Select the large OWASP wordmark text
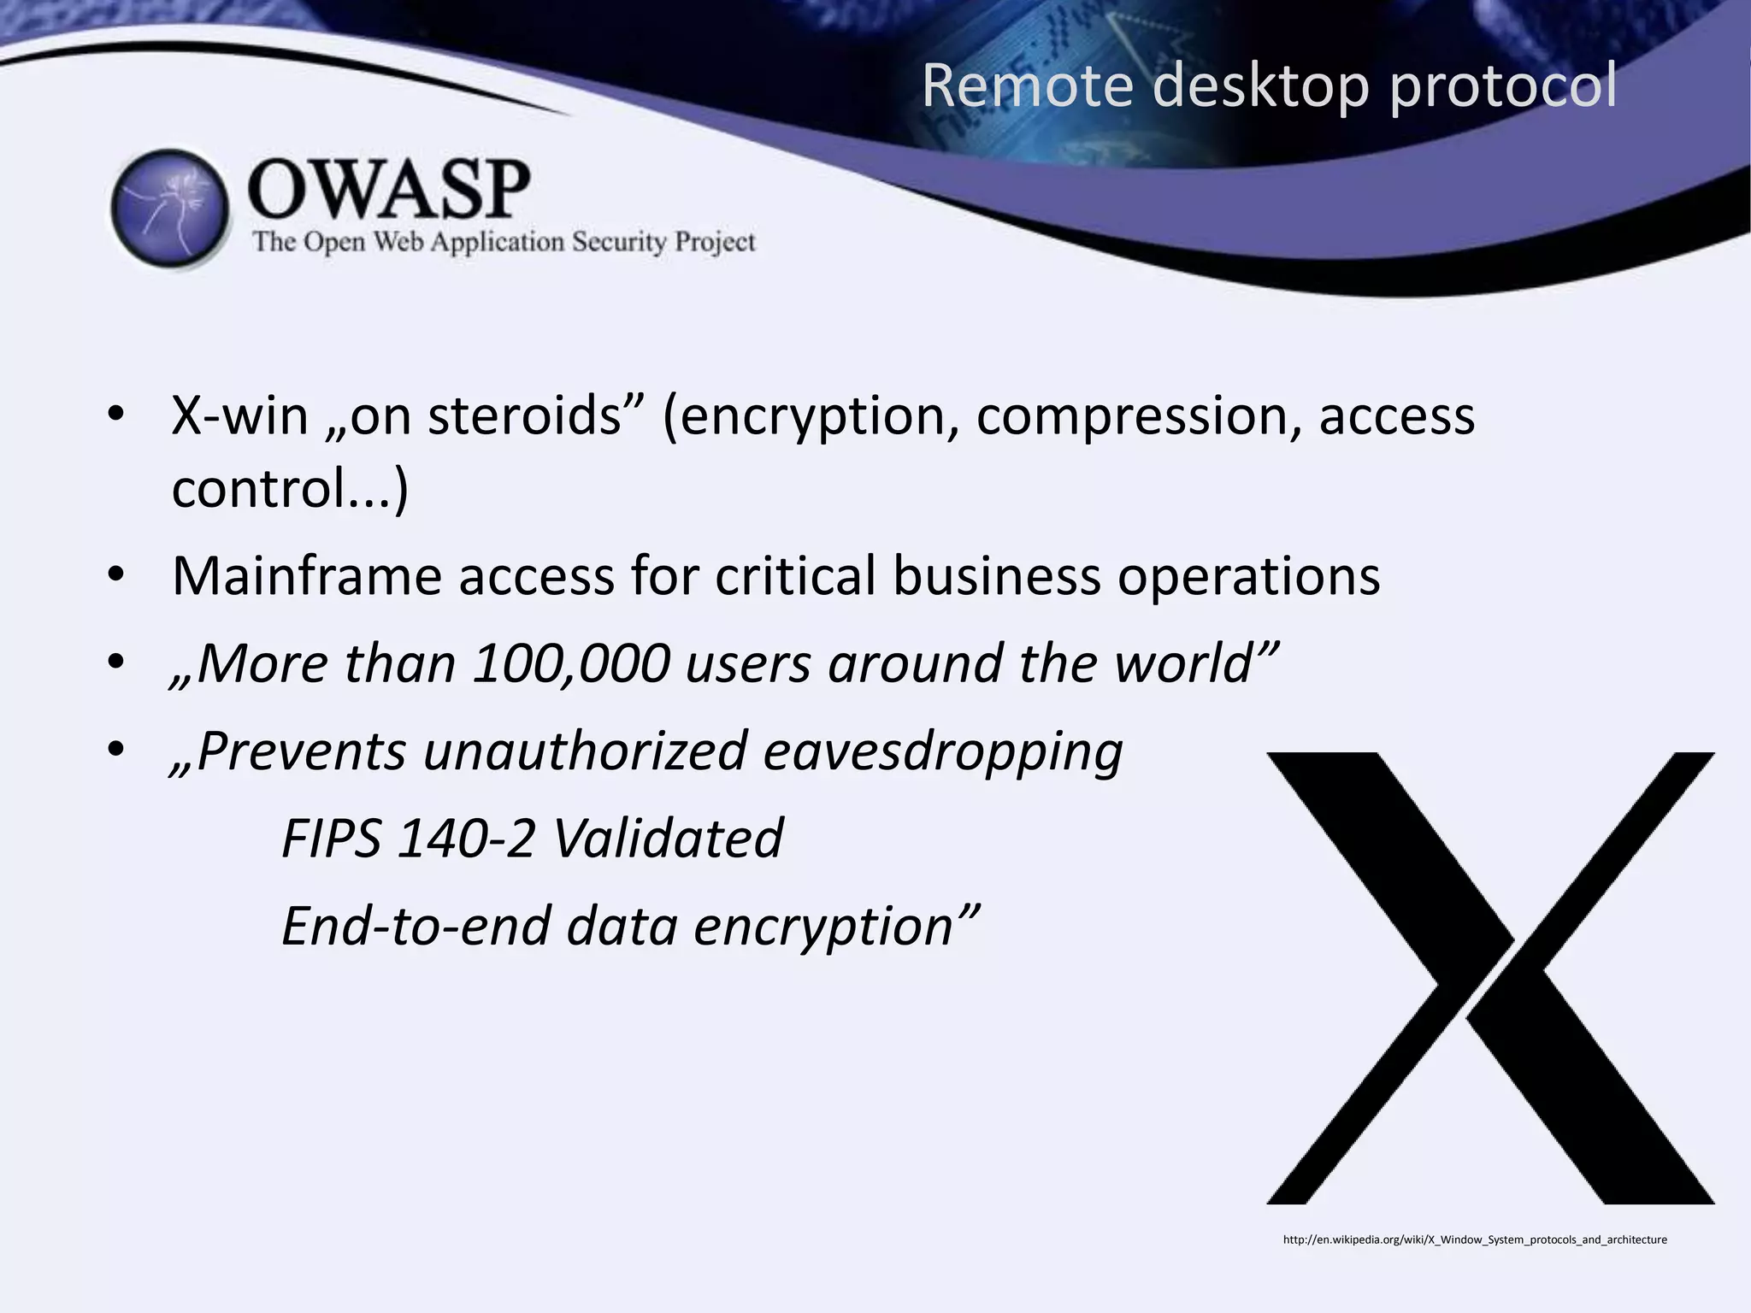[389, 190]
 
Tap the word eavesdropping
[943, 751]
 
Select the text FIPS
[331, 839]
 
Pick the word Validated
[668, 839]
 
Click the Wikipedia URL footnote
[1475, 1239]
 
